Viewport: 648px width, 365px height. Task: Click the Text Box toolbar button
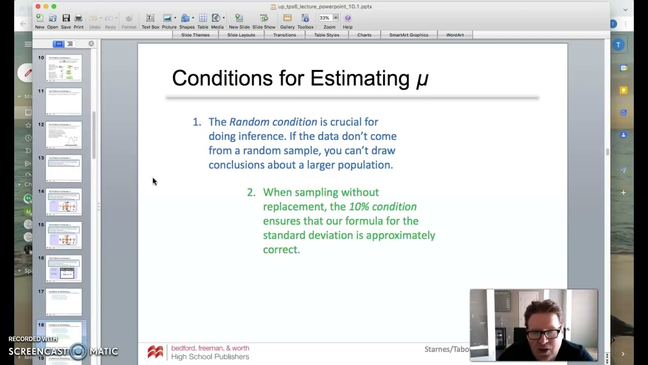pos(150,21)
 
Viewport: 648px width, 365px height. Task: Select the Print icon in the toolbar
pos(78,21)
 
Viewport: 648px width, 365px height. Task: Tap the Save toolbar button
pos(66,21)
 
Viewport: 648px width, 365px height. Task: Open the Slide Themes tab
pos(195,35)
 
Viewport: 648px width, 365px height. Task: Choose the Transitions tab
pos(285,35)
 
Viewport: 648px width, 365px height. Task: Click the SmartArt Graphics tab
pos(409,35)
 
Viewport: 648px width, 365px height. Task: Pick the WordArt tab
pos(455,35)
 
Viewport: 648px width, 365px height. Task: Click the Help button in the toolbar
pos(348,21)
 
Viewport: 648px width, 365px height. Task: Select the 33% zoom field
pos(325,18)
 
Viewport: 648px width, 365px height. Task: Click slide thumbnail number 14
pos(64,202)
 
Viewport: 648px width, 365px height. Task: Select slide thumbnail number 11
pos(64,101)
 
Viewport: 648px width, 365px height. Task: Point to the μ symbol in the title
pos(422,79)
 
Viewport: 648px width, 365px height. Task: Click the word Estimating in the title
pos(359,79)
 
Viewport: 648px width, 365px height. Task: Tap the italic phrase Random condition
pos(273,122)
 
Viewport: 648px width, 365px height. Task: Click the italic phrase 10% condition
pos(383,207)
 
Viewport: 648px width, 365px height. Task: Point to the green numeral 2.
pos(250,193)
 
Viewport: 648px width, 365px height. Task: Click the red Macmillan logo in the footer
pos(155,352)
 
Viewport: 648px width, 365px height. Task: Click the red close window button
pos(38,7)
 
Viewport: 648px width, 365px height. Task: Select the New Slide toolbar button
pos(239,21)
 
